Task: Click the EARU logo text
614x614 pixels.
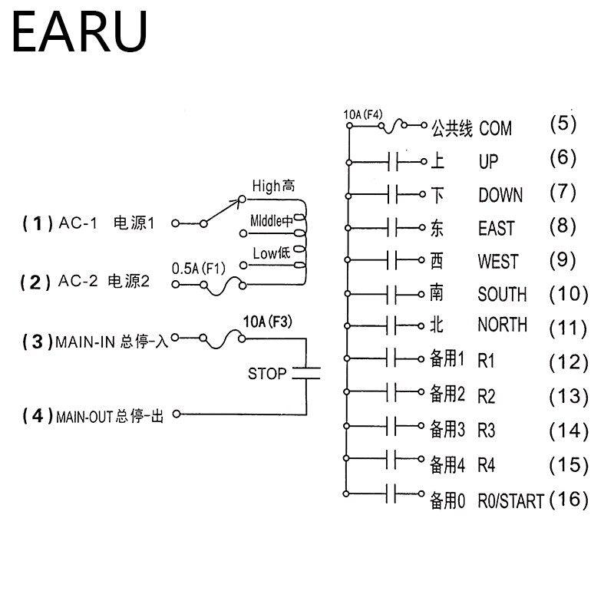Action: click(79, 31)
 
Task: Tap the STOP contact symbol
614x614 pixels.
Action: click(305, 374)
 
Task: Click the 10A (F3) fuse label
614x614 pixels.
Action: click(267, 321)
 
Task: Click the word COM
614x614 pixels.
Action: click(495, 128)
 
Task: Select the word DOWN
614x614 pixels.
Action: click(500, 195)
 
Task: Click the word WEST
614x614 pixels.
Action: click(497, 262)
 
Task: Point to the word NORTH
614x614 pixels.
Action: click(503, 325)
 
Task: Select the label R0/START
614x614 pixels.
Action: click(510, 502)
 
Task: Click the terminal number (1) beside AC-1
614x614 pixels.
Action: click(36, 223)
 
